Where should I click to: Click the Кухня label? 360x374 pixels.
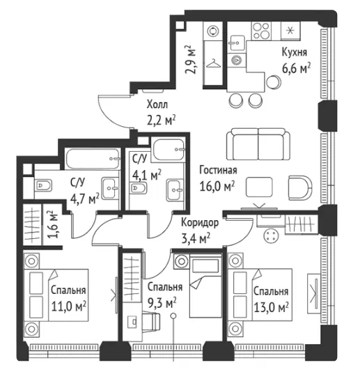pyautogui.click(x=295, y=52)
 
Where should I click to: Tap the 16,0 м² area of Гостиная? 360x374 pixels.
pyautogui.click(x=217, y=186)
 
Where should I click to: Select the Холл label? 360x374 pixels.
pyautogui.click(x=157, y=104)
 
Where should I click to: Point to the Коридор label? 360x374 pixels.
pyautogui.click(x=200, y=223)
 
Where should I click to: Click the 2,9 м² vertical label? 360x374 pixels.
pyautogui.click(x=191, y=59)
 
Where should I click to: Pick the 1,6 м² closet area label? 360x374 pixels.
pyautogui.click(x=52, y=224)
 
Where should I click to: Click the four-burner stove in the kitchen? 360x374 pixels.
pyautogui.click(x=261, y=31)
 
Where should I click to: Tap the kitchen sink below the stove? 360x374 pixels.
pyautogui.click(x=237, y=43)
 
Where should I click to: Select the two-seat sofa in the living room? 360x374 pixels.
pyautogui.click(x=258, y=144)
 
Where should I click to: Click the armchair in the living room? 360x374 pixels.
pyautogui.click(x=300, y=188)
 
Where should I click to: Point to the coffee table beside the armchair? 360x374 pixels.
pyautogui.click(x=259, y=187)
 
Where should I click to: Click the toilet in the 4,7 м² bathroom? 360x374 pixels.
pyautogui.click(x=43, y=185)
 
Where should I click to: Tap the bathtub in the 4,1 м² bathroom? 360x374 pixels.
pyautogui.click(x=169, y=150)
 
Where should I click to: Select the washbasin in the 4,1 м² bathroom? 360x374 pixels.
pyautogui.click(x=175, y=190)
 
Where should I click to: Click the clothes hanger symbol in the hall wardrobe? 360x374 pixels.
pyautogui.click(x=213, y=63)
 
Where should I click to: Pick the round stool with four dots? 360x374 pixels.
pyautogui.click(x=271, y=235)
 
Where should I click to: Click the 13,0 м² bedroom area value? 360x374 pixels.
pyautogui.click(x=271, y=307)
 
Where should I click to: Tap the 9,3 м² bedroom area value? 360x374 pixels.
pyautogui.click(x=162, y=303)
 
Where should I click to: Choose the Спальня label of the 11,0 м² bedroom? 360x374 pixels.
pyautogui.click(x=68, y=290)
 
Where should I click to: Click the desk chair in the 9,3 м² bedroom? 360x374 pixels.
pyautogui.click(x=151, y=322)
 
